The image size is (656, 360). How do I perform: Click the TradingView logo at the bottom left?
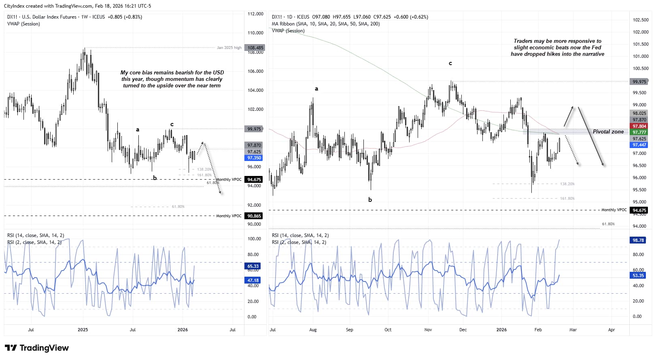[x=36, y=348]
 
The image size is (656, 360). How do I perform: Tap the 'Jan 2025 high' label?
[x=229, y=48]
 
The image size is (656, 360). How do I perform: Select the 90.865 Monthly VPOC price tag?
[x=254, y=216]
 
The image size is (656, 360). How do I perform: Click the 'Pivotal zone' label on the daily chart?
[x=608, y=132]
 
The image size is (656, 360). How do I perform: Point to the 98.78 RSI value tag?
[x=638, y=240]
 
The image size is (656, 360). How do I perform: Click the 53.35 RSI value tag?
[x=638, y=275]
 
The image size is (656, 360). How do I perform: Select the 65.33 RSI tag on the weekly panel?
[x=253, y=266]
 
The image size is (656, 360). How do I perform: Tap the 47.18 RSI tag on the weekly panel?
[x=253, y=280]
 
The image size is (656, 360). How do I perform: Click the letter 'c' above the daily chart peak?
[x=450, y=64]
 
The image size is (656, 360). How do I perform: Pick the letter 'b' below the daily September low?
[x=370, y=200]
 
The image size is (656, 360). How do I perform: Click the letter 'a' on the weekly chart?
[x=138, y=130]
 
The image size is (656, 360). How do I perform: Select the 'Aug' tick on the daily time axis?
[x=313, y=330]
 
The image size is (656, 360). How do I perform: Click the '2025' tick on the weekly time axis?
[x=83, y=330]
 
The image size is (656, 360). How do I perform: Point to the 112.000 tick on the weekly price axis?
[x=255, y=14]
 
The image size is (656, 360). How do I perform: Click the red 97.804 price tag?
[x=639, y=126]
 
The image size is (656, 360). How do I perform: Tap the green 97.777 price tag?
[x=639, y=132]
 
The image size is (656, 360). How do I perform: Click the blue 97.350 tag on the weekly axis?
[x=254, y=158]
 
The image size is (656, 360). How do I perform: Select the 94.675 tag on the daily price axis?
[x=639, y=210]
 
